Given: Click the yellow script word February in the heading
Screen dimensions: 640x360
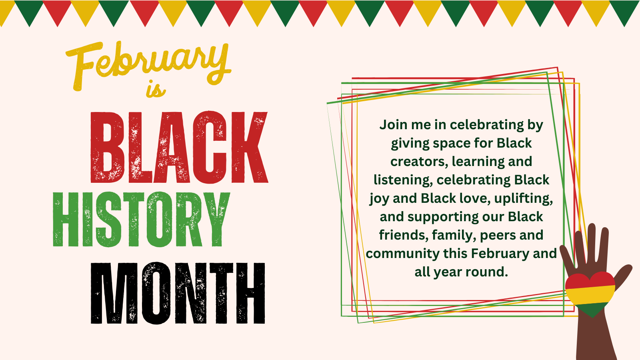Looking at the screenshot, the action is coord(148,65).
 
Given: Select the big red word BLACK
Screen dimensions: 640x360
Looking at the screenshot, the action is coord(179,147).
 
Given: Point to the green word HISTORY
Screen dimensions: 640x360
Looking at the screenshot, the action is coord(142,219).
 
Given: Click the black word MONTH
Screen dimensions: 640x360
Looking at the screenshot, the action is coord(178,293).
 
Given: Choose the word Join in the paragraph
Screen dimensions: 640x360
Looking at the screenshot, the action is coord(393,125).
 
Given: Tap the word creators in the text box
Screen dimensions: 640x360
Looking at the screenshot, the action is coord(417,162).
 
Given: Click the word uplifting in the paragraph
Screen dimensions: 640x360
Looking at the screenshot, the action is coord(524,198).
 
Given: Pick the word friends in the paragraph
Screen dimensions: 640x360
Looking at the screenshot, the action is coord(404,235).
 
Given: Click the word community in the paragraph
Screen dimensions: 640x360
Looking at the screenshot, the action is coord(402,254).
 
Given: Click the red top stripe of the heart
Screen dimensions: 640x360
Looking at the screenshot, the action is coord(590,280).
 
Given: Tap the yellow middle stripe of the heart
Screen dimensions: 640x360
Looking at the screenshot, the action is coord(590,296).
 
